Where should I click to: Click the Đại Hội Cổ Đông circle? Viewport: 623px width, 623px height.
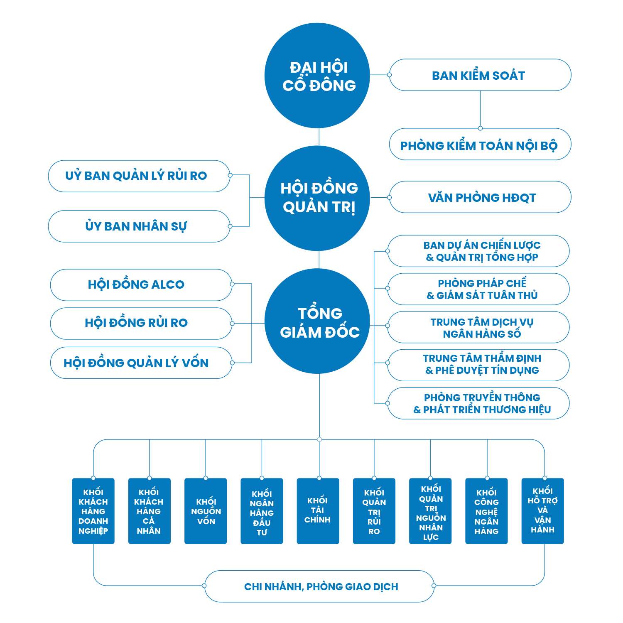319,76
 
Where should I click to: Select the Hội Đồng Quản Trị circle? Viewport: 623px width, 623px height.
319,198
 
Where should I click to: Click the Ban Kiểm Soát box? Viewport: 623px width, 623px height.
480,75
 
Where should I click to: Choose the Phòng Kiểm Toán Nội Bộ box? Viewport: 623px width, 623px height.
480,145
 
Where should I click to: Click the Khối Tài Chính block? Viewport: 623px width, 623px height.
318,511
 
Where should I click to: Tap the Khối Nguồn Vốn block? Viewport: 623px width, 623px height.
206,511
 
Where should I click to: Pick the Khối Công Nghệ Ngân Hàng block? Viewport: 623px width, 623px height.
486,511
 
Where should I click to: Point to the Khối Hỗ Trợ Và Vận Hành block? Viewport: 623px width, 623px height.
542,511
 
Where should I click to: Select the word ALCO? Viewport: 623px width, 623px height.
167,285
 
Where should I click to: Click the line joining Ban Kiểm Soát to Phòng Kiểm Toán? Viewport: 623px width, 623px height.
480,109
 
